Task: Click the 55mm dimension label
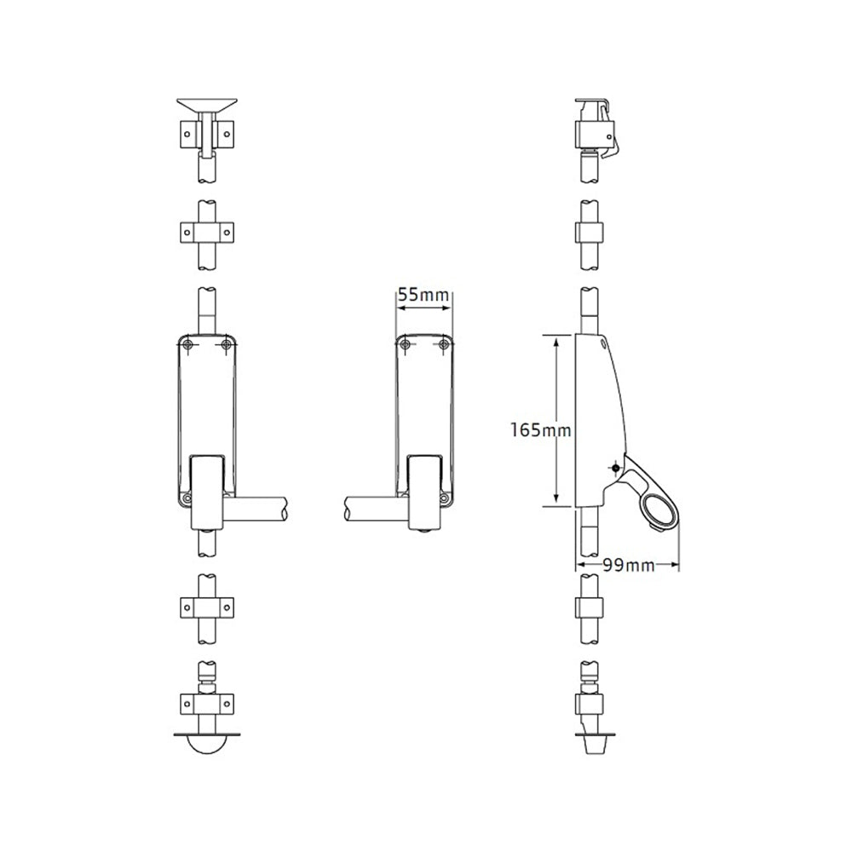tap(423, 296)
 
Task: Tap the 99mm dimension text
tap(628, 564)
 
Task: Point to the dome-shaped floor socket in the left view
tap(207, 741)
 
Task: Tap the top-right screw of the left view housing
tap(226, 343)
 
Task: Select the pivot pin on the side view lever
tap(613, 467)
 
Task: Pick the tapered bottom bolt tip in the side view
tap(593, 743)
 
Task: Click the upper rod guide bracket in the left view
tap(207, 232)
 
